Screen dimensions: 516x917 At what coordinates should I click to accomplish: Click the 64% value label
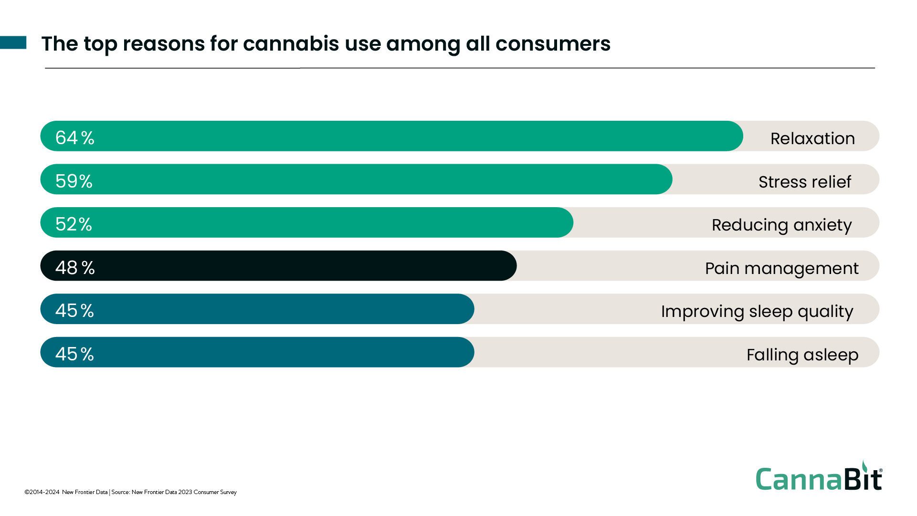[74, 137]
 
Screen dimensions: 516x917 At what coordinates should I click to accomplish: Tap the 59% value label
[74, 181]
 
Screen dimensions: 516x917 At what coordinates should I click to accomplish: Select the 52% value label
[74, 224]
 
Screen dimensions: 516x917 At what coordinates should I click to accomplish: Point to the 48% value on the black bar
[75, 267]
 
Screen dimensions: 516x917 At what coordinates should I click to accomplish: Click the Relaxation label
[812, 138]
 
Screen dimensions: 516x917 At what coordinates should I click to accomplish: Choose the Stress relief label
[804, 182]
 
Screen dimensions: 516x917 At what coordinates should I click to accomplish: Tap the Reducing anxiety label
[781, 225]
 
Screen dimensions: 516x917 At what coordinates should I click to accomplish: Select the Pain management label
[781, 268]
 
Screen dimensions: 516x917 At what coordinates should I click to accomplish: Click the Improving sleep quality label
[757, 311]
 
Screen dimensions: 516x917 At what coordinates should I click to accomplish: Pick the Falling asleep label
[802, 355]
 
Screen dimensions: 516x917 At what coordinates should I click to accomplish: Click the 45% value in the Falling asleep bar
[74, 354]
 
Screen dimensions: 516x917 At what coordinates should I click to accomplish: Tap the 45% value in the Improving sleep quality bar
[74, 311]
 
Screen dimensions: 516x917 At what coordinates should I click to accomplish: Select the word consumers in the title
[553, 43]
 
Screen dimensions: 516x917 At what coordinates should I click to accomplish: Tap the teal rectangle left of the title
[13, 42]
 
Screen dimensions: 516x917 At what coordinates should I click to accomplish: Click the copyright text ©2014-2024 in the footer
[42, 492]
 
